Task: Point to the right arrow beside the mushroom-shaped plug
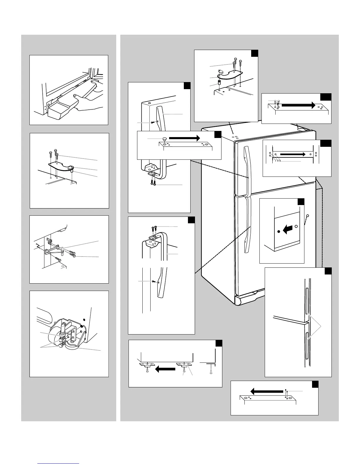185,138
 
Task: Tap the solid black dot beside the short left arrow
279,232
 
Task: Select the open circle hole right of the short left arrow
296,226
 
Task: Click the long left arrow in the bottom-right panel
267,391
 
